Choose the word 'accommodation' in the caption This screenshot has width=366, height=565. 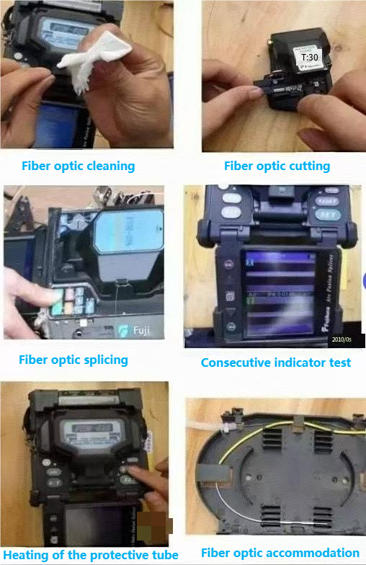(314, 553)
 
